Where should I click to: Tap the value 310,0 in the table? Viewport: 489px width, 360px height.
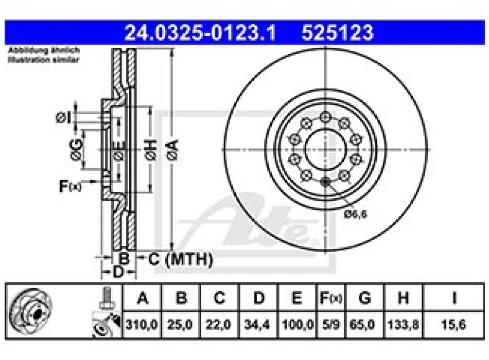[142, 326]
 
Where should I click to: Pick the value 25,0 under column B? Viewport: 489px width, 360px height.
[181, 326]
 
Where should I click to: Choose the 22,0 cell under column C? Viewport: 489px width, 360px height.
[219, 326]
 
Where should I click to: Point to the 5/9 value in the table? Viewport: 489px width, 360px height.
[329, 326]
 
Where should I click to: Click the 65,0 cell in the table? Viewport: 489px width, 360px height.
[365, 326]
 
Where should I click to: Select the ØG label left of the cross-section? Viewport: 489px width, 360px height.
[76, 149]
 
